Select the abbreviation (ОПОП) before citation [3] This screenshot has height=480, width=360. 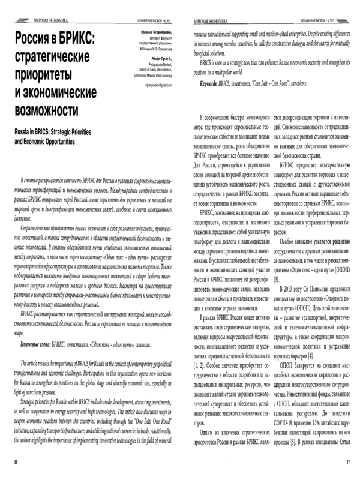[334, 270]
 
